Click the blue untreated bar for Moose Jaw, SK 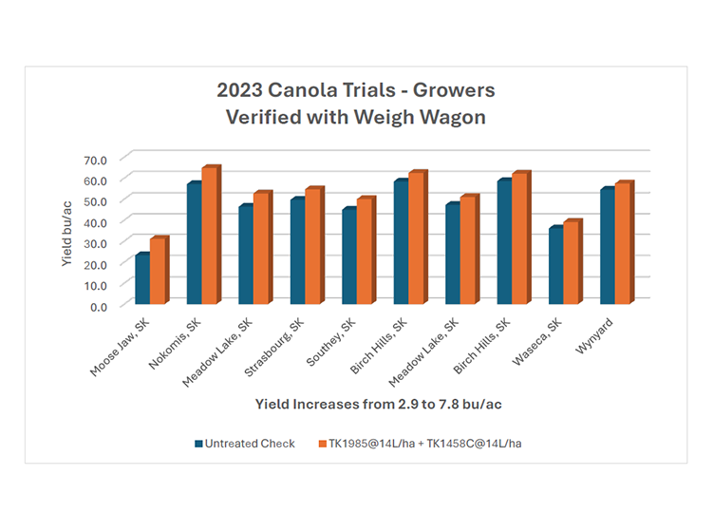tap(141, 278)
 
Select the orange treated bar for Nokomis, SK tap(209, 236)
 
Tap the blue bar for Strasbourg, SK tap(297, 251)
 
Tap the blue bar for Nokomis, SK tap(194, 243)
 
